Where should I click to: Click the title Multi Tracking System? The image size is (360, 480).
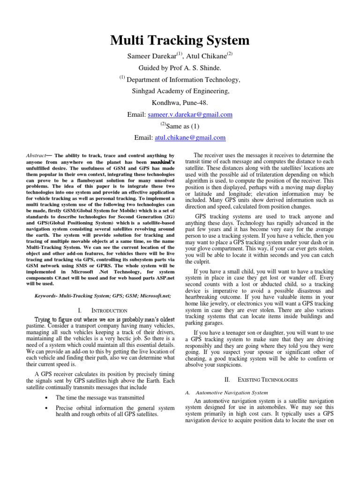click(x=180, y=40)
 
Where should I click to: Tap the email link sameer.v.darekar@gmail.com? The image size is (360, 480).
click(x=187, y=114)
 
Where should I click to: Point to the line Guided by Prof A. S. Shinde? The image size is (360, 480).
click(x=180, y=68)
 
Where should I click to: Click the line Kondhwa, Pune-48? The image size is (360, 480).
click(x=180, y=103)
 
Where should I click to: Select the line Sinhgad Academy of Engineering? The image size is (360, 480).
click(x=180, y=91)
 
